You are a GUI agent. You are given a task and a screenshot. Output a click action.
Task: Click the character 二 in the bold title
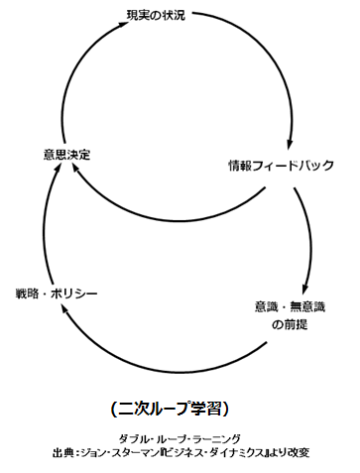124,407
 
